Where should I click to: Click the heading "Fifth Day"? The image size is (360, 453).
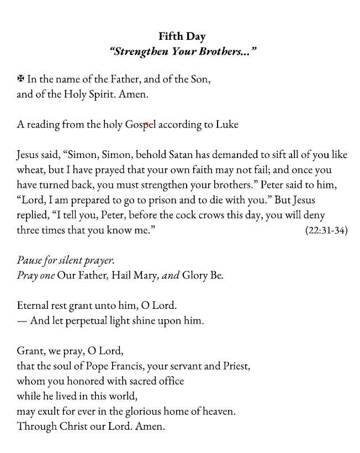click(x=182, y=36)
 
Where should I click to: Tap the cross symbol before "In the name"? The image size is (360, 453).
click(x=21, y=80)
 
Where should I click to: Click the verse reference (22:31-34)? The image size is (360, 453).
click(x=326, y=230)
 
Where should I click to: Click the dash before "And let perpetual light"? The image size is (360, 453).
click(x=22, y=320)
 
